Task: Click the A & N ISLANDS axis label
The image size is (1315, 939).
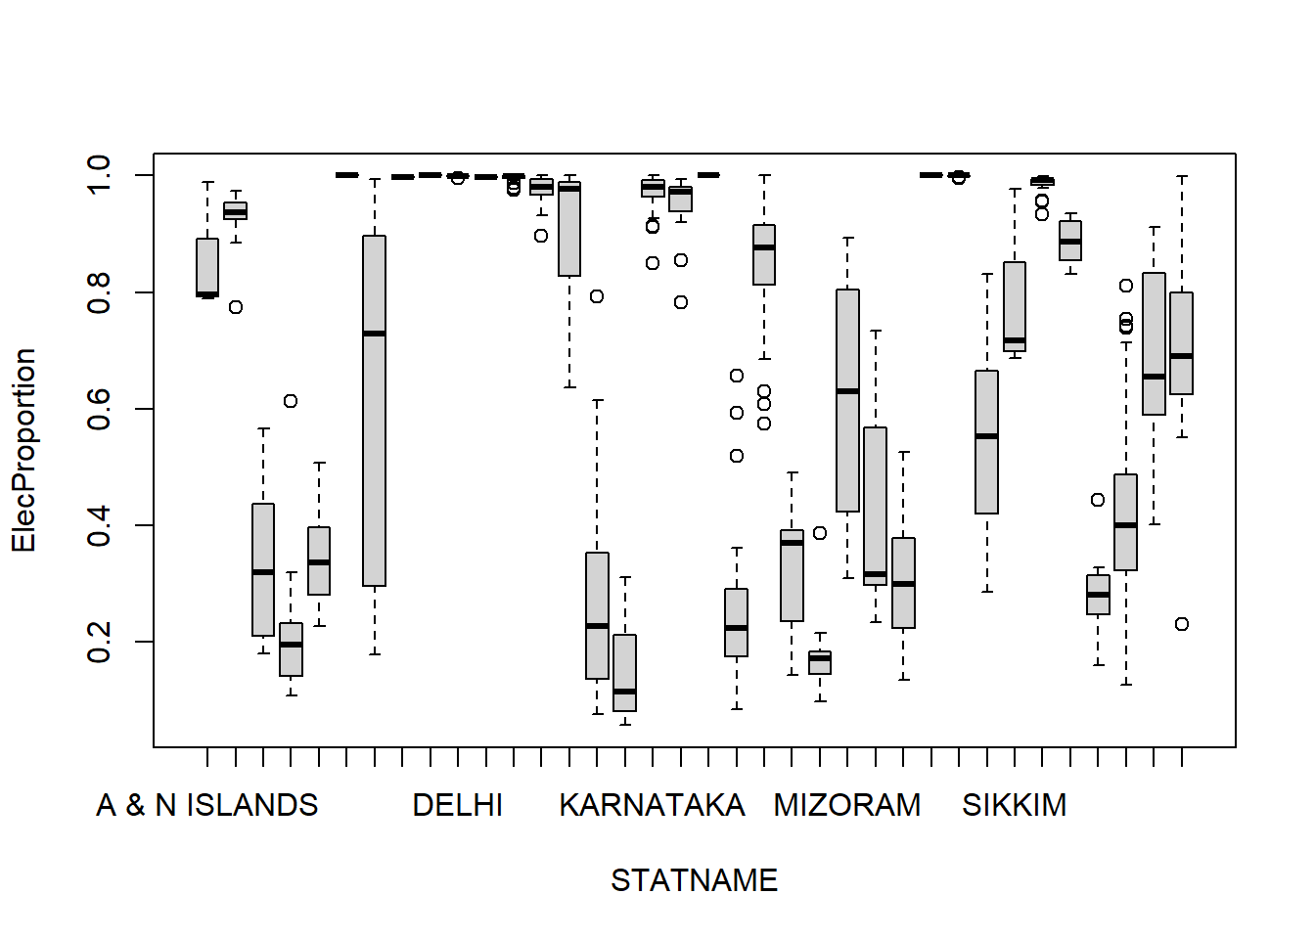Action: [207, 805]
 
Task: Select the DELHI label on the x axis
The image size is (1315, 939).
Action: [457, 805]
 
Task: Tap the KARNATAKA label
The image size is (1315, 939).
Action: [652, 805]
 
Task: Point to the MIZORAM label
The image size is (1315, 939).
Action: [846, 805]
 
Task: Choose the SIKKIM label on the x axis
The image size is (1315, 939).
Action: [1014, 805]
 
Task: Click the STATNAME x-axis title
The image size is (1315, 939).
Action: [694, 880]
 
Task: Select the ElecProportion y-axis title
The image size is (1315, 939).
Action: [23, 451]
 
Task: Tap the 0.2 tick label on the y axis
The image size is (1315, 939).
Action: [99, 642]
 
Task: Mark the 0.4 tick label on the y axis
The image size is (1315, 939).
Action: [99, 525]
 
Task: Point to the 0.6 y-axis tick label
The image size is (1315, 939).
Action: [99, 409]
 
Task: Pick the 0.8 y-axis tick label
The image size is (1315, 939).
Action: [99, 292]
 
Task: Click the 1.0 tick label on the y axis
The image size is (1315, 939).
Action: [99, 175]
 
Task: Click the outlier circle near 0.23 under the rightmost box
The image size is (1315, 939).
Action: [1182, 624]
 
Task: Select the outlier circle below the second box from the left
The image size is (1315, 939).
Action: [236, 307]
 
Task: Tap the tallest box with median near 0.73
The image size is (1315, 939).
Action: [374, 411]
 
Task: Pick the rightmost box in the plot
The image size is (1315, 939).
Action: [1182, 342]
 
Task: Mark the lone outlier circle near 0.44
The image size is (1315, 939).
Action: [1098, 500]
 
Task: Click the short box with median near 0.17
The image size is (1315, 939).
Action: [820, 662]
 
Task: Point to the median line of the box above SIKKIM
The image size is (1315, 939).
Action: [1015, 340]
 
